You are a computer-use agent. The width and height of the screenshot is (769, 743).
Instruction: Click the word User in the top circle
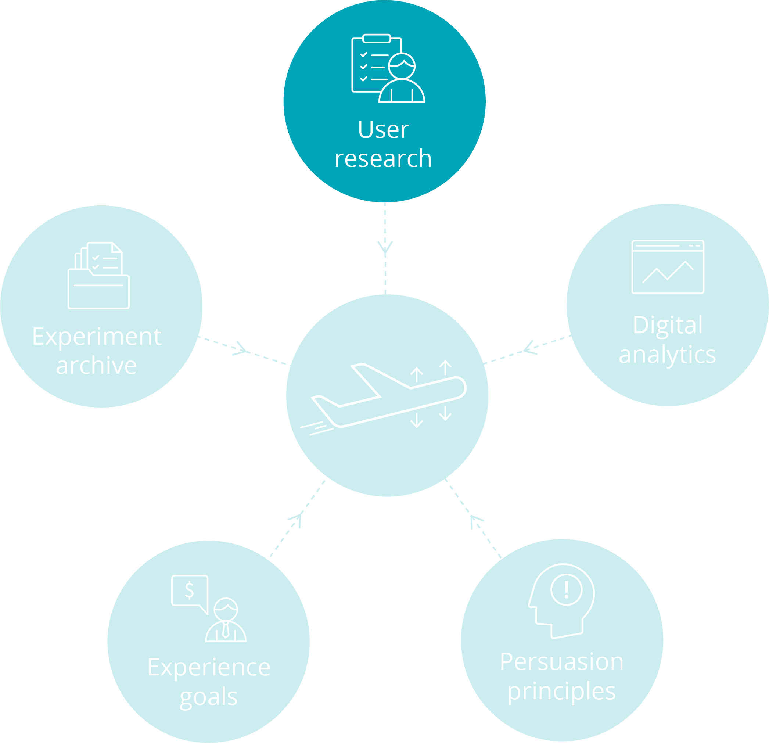point(383,129)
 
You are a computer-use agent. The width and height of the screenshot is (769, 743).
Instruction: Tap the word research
point(383,158)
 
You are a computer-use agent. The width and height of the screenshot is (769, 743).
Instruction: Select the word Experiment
point(97,337)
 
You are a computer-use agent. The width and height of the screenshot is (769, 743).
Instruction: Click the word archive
point(97,366)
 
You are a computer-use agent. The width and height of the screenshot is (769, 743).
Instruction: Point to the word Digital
point(668,325)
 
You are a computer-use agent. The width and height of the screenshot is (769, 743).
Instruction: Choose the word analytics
point(667,355)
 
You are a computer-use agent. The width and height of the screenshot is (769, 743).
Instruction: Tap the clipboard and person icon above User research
point(388,69)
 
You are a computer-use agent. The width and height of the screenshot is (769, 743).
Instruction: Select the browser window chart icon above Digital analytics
point(668,267)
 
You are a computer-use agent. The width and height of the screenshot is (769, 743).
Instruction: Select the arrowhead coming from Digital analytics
point(530,348)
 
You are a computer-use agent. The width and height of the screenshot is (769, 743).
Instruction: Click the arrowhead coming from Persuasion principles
point(475,521)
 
